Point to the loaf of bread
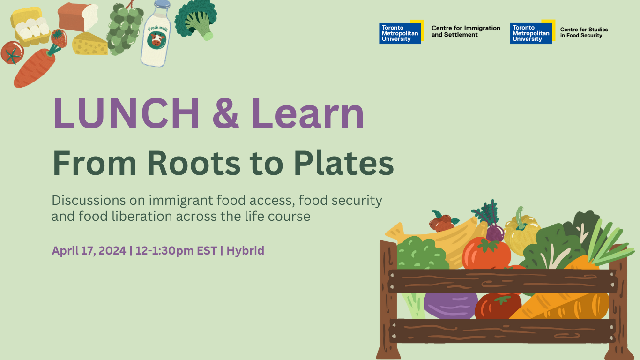click(x=78, y=16)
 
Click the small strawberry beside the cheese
click(x=59, y=38)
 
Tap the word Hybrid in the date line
click(x=246, y=251)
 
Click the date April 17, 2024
click(x=89, y=251)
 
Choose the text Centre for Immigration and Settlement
click(x=466, y=31)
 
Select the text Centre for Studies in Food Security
click(x=584, y=32)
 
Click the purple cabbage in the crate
click(x=451, y=305)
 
